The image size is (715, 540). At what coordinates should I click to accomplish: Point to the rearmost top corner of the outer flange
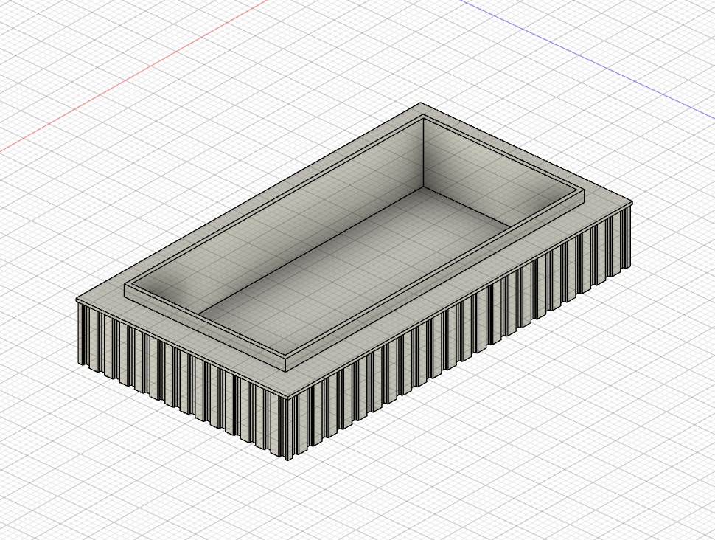tap(421, 103)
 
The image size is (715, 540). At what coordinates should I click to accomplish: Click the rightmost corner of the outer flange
tap(632, 201)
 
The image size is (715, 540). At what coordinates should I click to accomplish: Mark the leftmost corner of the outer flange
tap(77, 299)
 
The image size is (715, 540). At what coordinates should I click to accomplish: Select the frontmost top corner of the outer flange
tap(288, 396)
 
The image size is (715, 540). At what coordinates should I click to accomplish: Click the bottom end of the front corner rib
tap(288, 458)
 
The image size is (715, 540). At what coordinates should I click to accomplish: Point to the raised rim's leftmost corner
tap(125, 285)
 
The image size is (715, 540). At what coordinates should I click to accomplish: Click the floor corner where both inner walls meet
tap(423, 187)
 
